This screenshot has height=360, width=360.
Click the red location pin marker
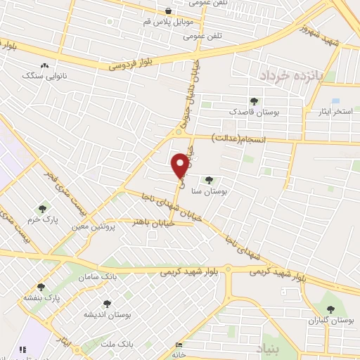(181, 165)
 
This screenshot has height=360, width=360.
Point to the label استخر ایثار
(335, 112)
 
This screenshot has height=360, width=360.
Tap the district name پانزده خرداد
(285, 75)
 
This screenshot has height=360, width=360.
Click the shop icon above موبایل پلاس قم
(169, 11)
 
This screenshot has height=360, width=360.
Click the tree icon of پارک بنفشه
(41, 287)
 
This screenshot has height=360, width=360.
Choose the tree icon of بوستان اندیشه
(107, 304)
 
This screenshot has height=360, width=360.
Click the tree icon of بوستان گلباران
(330, 309)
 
